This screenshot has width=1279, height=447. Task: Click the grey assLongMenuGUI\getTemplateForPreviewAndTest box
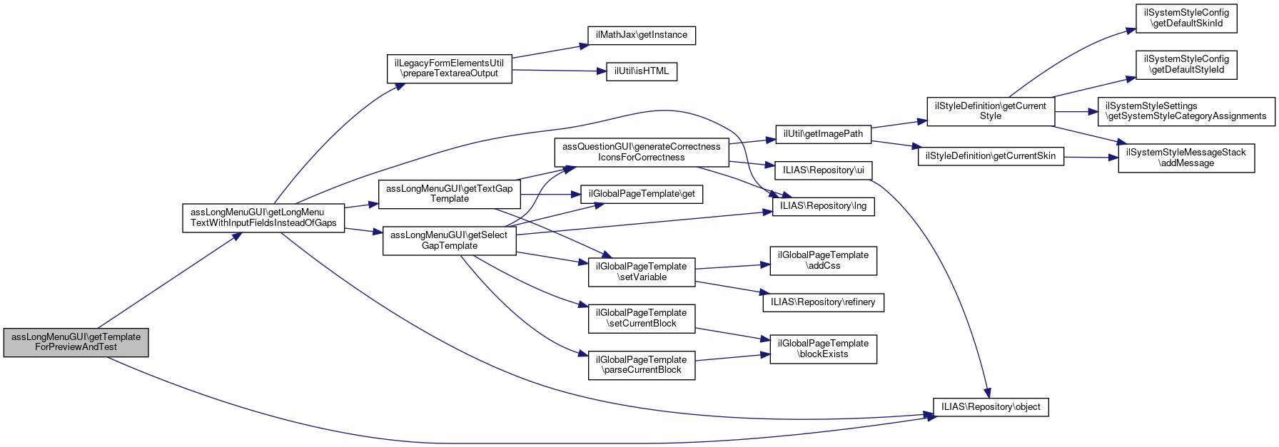(x=76, y=342)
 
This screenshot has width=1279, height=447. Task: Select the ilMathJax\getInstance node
(x=641, y=35)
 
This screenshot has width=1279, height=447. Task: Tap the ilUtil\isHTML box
(x=642, y=71)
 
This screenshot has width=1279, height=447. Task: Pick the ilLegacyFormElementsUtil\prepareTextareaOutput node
(x=449, y=68)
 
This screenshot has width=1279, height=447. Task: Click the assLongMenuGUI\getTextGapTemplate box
(x=449, y=194)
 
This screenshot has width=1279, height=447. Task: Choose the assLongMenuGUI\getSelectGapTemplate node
(x=449, y=241)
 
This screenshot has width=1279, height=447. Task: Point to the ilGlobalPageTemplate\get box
(x=642, y=194)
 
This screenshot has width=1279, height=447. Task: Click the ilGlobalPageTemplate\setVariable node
(x=641, y=272)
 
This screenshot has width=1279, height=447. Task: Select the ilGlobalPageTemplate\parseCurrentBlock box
(x=641, y=365)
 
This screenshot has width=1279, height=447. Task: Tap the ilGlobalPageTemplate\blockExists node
(x=823, y=349)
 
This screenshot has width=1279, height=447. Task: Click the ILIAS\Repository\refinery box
(x=823, y=302)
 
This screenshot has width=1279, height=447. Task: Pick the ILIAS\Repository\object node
(x=991, y=407)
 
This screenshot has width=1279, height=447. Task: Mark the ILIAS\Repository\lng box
(x=823, y=206)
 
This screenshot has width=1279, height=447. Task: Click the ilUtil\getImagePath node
(x=823, y=134)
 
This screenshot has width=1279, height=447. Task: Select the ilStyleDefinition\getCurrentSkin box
(x=990, y=156)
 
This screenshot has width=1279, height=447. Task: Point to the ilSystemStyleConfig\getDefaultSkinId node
(x=1186, y=19)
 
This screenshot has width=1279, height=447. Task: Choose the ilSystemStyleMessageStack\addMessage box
(x=1186, y=158)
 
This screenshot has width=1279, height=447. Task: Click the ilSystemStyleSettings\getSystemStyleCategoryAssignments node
(x=1186, y=111)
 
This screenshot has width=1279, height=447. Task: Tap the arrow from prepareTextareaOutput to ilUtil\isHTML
(x=557, y=71)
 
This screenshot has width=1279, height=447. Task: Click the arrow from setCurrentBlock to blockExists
(x=732, y=334)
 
